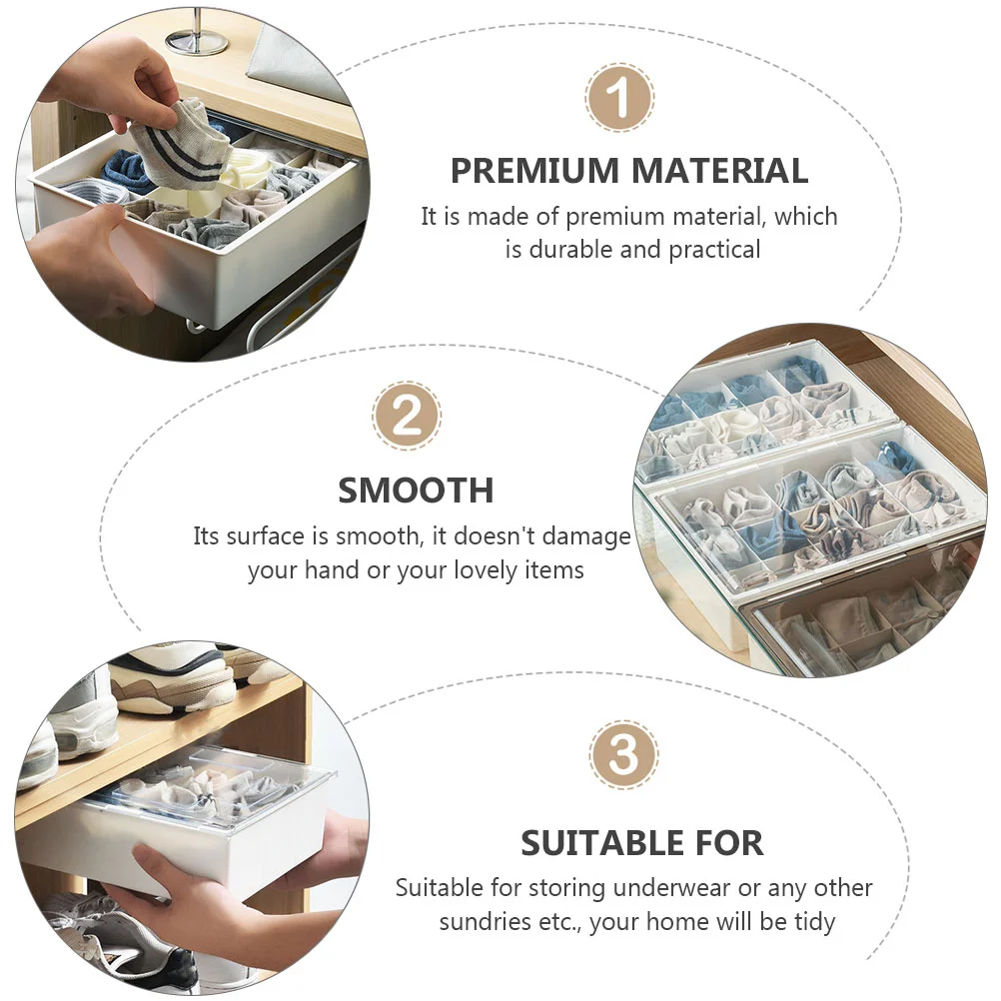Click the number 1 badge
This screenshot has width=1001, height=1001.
(618, 98)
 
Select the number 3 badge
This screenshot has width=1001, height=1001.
(623, 754)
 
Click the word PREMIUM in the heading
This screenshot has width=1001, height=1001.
(535, 171)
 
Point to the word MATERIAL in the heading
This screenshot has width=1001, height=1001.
(719, 171)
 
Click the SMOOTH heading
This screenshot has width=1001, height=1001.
(416, 491)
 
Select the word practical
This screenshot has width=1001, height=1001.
(714, 250)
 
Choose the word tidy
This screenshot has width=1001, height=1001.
(814, 922)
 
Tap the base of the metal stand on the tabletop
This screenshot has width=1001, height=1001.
(197, 42)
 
